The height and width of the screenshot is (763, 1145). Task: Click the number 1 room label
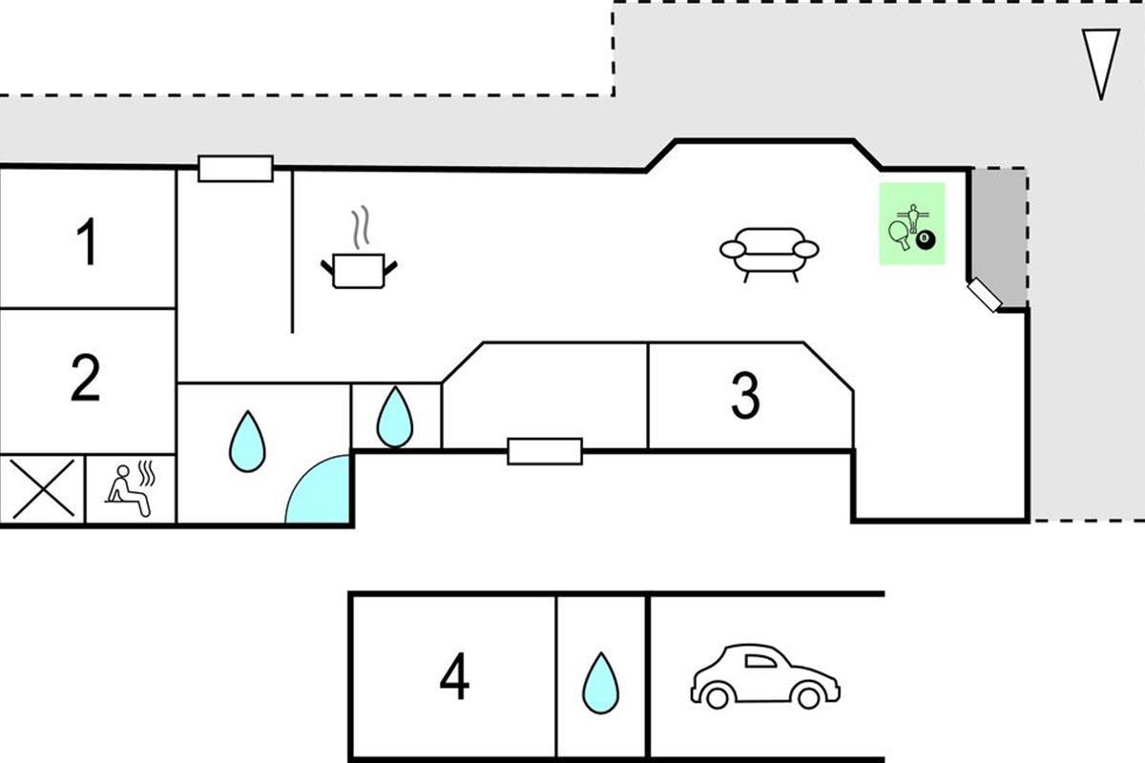click(87, 242)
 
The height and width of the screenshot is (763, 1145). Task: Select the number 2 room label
click(86, 379)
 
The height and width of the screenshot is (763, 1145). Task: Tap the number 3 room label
click(745, 395)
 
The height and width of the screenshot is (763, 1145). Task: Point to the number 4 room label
click(454, 678)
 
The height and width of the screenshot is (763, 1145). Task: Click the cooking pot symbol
click(359, 270)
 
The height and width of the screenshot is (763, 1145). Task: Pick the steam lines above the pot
click(359, 229)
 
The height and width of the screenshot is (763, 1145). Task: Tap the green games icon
click(911, 224)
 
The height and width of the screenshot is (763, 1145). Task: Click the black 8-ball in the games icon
click(926, 242)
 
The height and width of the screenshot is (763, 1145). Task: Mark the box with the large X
click(43, 489)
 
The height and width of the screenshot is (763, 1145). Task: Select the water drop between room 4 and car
click(601, 682)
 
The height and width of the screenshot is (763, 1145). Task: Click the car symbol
click(764, 676)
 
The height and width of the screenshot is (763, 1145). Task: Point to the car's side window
click(763, 659)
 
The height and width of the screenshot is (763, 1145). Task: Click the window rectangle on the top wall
click(236, 169)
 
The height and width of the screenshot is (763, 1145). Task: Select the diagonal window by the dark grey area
click(984, 296)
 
